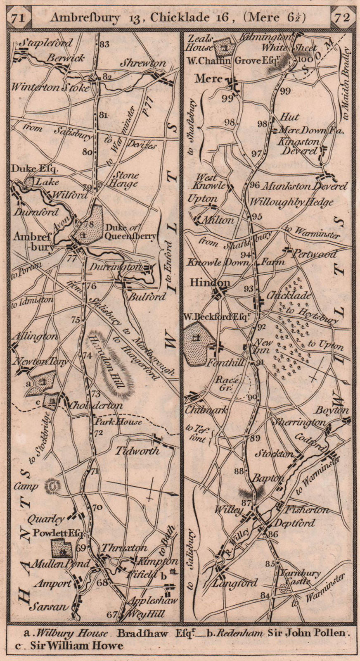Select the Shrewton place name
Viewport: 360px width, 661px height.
pyautogui.click(x=143, y=63)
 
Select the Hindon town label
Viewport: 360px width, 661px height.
pyautogui.click(x=209, y=283)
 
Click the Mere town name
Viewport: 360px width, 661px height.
pyautogui.click(x=208, y=78)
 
